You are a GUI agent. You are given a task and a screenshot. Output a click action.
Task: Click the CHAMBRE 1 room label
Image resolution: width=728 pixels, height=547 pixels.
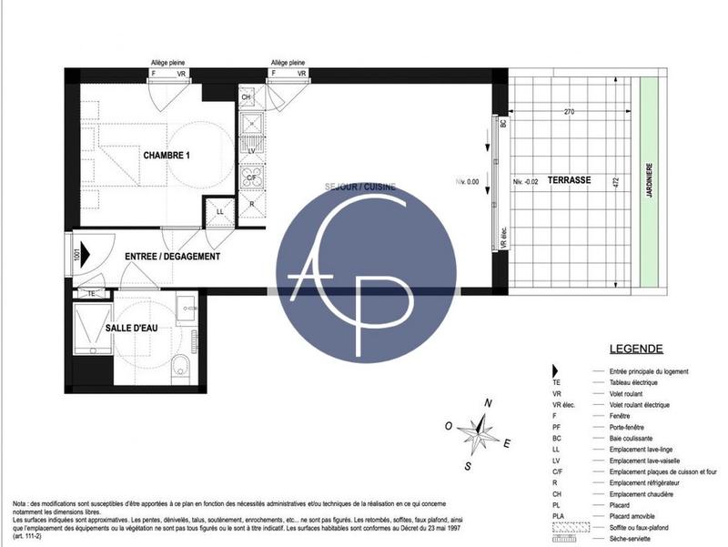(x=166, y=156)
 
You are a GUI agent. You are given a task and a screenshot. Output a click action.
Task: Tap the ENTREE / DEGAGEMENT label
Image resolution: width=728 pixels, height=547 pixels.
(x=172, y=257)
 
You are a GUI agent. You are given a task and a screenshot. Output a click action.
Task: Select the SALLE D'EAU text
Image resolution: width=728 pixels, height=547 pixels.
(x=132, y=327)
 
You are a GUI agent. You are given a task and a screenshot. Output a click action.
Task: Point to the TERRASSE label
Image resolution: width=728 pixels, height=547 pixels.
(x=570, y=180)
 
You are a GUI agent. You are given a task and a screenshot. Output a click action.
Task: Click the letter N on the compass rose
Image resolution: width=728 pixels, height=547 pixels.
(x=489, y=402)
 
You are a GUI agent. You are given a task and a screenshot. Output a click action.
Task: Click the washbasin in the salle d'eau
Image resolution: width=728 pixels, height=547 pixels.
(x=187, y=307)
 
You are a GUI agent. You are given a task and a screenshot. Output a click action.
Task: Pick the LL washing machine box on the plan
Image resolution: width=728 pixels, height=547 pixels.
(x=219, y=211)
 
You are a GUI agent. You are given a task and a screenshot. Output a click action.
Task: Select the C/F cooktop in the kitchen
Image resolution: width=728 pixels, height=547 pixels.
(x=250, y=177)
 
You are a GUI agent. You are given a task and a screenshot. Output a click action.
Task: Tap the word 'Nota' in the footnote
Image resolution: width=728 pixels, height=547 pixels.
(x=20, y=503)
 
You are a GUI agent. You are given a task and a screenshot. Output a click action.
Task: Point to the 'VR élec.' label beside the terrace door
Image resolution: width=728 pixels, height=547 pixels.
(x=502, y=238)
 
